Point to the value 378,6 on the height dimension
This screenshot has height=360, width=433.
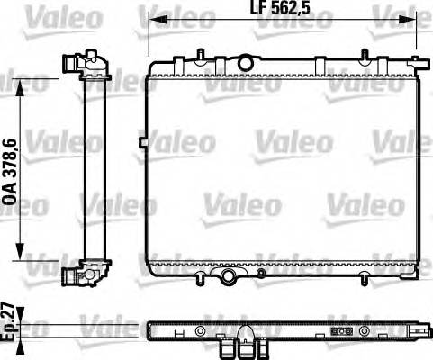(x=12, y=153)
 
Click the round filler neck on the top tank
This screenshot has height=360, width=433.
(x=245, y=60)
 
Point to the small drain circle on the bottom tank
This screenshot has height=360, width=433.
(x=261, y=271)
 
